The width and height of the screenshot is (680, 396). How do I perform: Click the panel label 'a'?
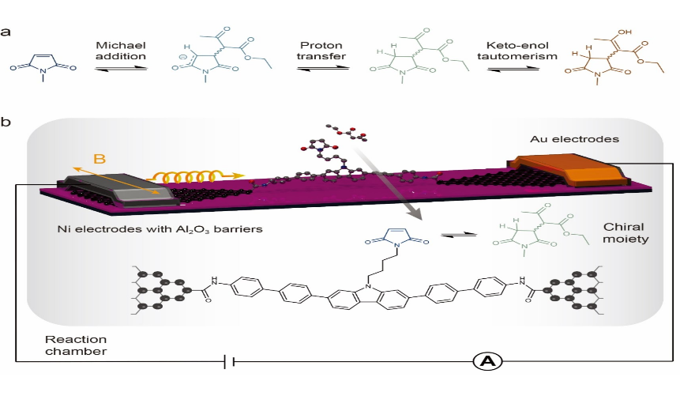[x=6, y=32]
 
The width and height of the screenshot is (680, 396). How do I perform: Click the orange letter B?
[x=100, y=160]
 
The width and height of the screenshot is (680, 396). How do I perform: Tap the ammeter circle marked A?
[x=487, y=361]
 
